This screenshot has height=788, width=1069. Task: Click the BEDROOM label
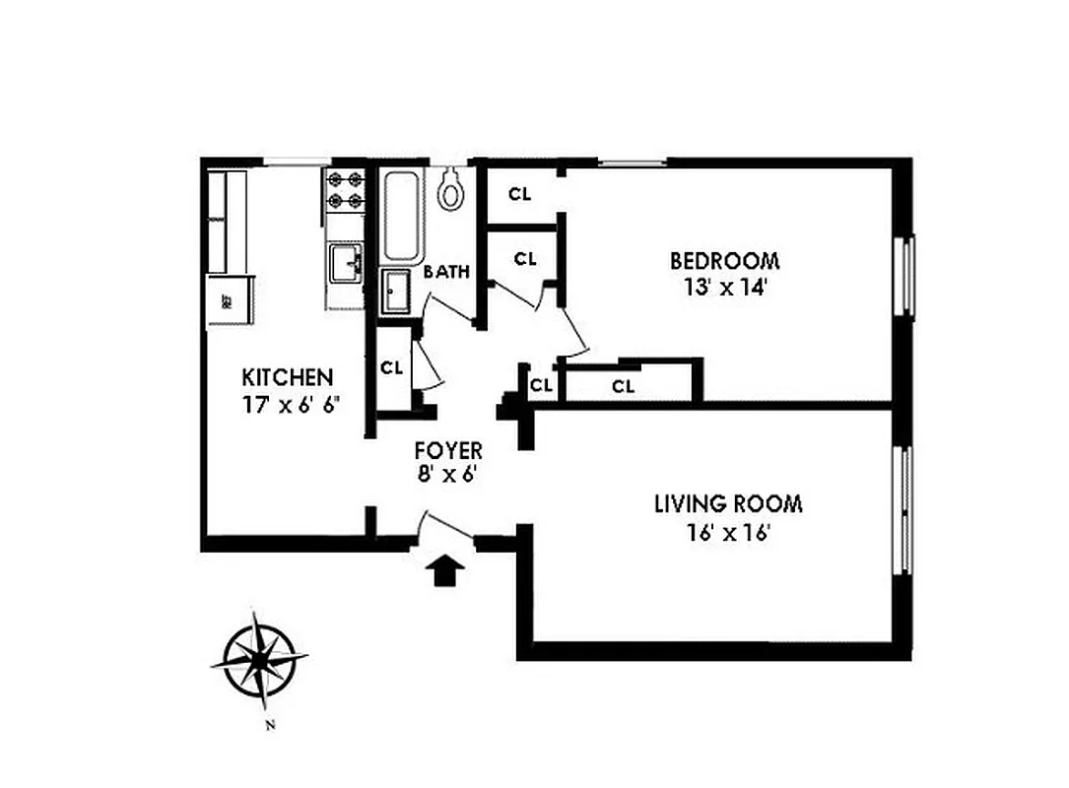(x=724, y=261)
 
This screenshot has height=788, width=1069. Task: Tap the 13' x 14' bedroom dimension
(x=724, y=289)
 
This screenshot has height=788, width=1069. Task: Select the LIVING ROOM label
(x=728, y=504)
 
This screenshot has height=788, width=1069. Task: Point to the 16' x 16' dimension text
(x=728, y=533)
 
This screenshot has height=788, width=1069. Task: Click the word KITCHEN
(x=288, y=377)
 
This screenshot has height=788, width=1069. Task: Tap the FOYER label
(x=448, y=450)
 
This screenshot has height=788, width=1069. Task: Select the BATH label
(x=446, y=273)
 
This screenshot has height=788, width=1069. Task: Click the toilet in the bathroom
(x=451, y=190)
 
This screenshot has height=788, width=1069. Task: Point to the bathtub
(x=401, y=217)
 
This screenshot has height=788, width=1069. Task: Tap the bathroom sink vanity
(x=397, y=292)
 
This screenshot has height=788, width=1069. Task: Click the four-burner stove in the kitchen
(x=346, y=191)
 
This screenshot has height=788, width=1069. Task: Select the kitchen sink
(x=346, y=263)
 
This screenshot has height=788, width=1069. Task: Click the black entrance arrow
(x=446, y=569)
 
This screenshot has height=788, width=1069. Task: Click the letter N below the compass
(x=269, y=727)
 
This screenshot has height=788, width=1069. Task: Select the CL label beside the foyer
(x=392, y=368)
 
